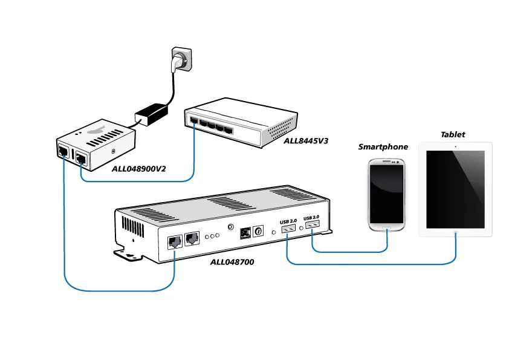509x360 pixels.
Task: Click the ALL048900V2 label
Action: point(138,168)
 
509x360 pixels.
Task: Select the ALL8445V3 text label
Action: point(306,141)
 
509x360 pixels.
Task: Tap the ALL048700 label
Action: point(232,262)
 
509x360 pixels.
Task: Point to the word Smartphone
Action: point(383,147)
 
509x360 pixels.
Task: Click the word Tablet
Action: point(453,134)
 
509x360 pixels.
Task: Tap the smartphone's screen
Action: point(387,192)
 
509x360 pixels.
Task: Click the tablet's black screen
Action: point(455,188)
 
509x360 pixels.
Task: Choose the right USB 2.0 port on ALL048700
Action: point(311,226)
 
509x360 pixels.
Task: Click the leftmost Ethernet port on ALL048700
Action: point(173,240)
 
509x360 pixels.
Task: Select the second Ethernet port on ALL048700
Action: point(192,238)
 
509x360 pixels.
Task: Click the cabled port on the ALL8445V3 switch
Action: point(193,121)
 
